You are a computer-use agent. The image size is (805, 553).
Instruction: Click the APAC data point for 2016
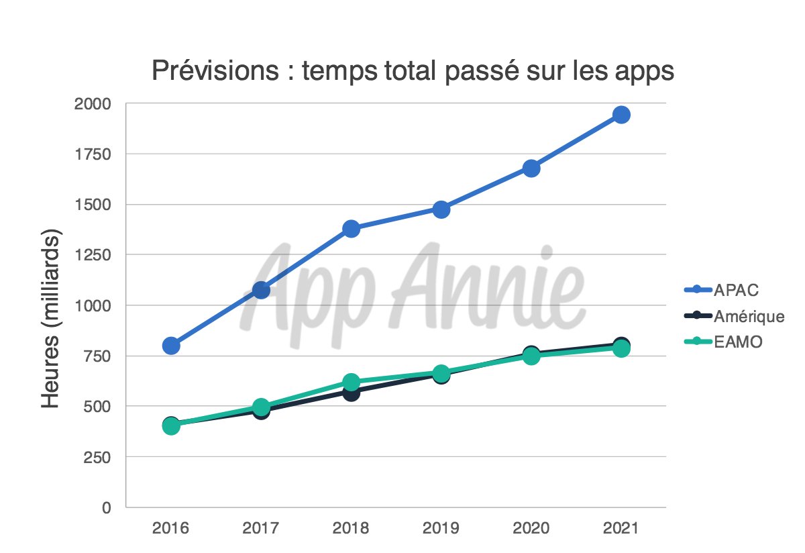click(171, 346)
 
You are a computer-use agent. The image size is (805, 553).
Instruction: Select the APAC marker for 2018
click(351, 229)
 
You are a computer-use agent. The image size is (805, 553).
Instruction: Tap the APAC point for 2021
click(621, 115)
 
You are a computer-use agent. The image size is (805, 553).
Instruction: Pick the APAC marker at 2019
click(441, 209)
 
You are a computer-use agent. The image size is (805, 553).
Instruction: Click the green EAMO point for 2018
click(351, 382)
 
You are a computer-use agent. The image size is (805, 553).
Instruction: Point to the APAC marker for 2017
click(261, 290)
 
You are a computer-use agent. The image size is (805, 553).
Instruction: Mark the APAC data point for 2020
click(531, 168)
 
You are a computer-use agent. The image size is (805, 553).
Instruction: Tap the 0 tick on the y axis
click(106, 507)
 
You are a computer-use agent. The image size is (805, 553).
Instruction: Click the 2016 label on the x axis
click(171, 528)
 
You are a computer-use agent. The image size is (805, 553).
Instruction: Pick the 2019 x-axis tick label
click(441, 528)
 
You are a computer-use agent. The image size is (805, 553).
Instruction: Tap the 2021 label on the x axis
click(621, 528)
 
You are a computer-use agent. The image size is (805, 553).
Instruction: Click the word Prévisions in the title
click(214, 70)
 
